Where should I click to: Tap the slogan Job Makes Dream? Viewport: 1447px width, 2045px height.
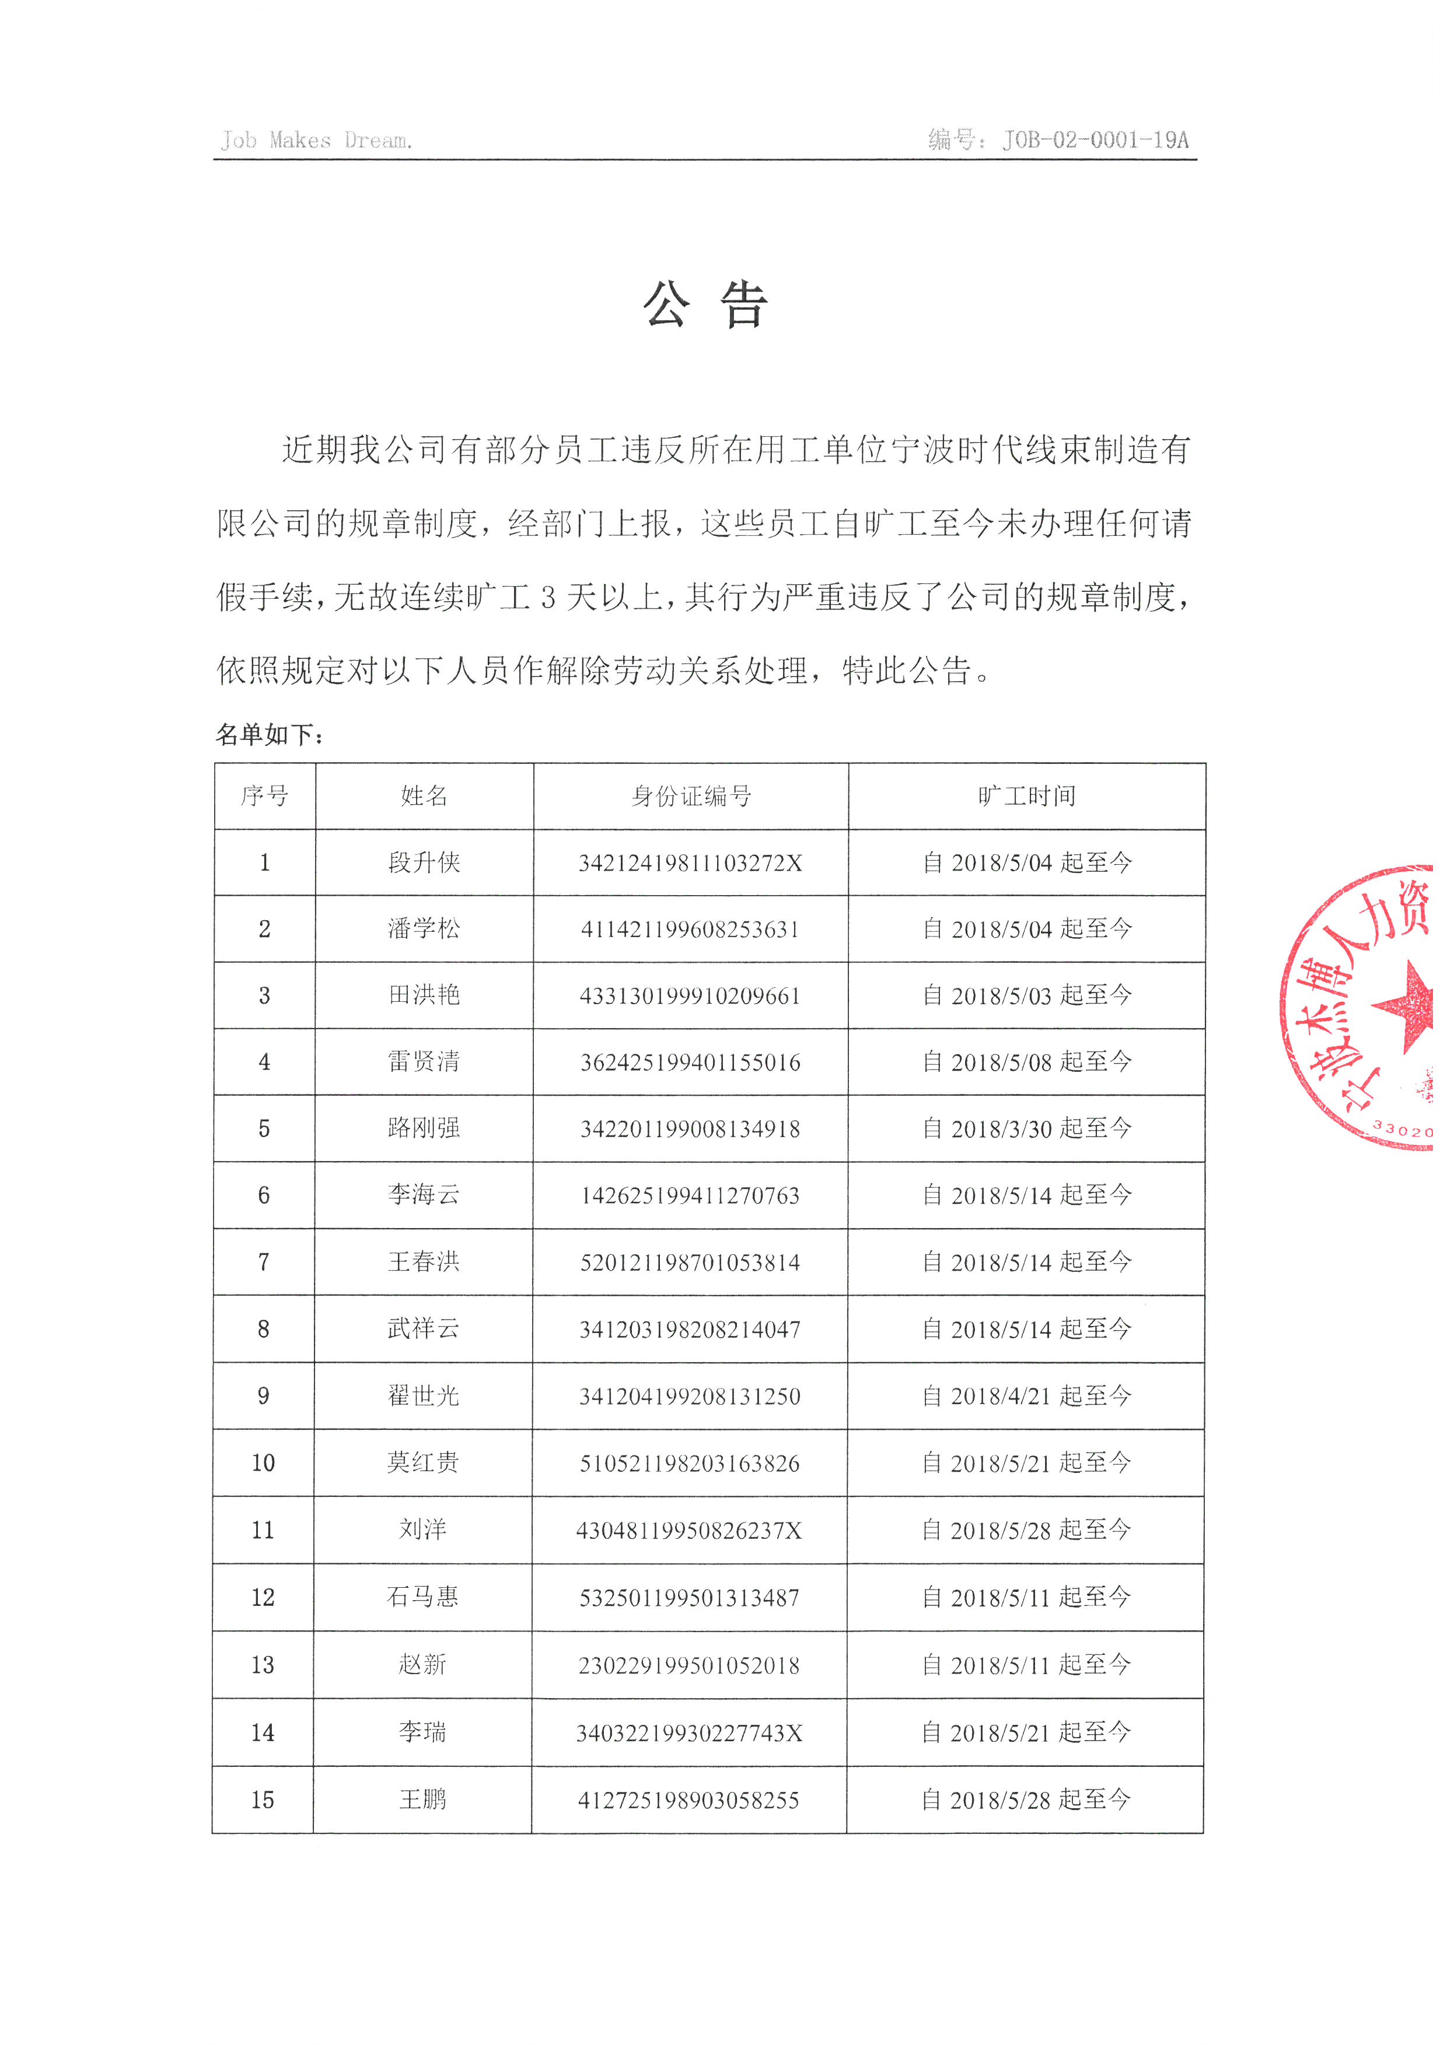316,141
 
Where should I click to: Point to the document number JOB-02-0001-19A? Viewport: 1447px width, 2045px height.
1095,140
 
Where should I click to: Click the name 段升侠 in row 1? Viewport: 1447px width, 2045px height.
424,862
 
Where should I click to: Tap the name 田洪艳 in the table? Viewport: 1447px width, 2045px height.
424,995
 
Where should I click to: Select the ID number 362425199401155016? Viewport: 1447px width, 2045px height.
690,1062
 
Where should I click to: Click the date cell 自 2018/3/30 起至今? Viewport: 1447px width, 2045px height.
1026,1128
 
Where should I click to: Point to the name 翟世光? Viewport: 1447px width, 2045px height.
423,1395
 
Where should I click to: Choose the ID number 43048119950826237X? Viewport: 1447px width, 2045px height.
688,1530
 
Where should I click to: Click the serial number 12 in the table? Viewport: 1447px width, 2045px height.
263,1598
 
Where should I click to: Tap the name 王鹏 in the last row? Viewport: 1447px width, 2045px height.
422,1799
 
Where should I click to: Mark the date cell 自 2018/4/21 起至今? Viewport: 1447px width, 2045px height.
1026,1395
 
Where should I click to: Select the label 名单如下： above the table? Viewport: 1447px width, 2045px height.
269,735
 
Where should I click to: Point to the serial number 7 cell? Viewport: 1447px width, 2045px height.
264,1262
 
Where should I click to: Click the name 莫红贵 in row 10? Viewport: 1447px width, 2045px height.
423,1462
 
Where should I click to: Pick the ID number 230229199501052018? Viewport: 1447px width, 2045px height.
688,1665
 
